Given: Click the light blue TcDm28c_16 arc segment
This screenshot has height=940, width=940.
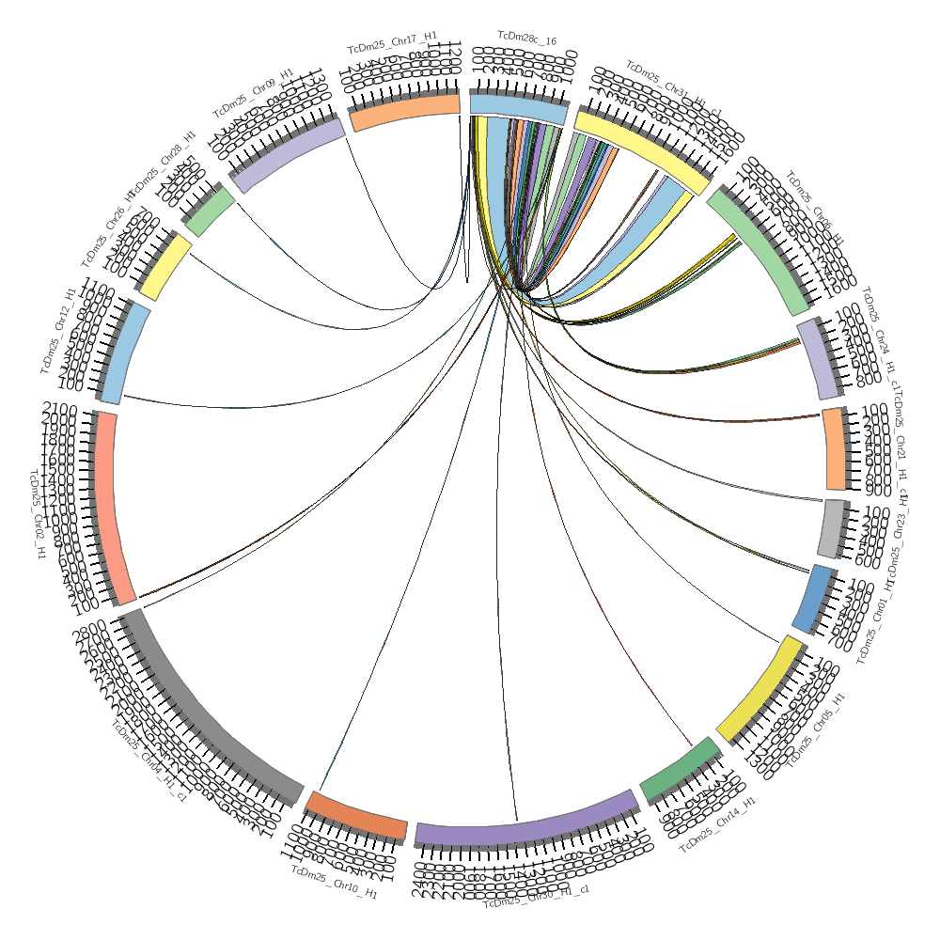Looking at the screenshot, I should tap(519, 107).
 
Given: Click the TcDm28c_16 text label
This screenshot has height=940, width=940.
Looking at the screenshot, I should tap(526, 40).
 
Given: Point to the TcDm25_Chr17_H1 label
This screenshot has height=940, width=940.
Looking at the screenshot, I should tap(392, 42).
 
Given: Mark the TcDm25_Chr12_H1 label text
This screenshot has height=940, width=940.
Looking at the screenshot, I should tap(57, 330).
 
